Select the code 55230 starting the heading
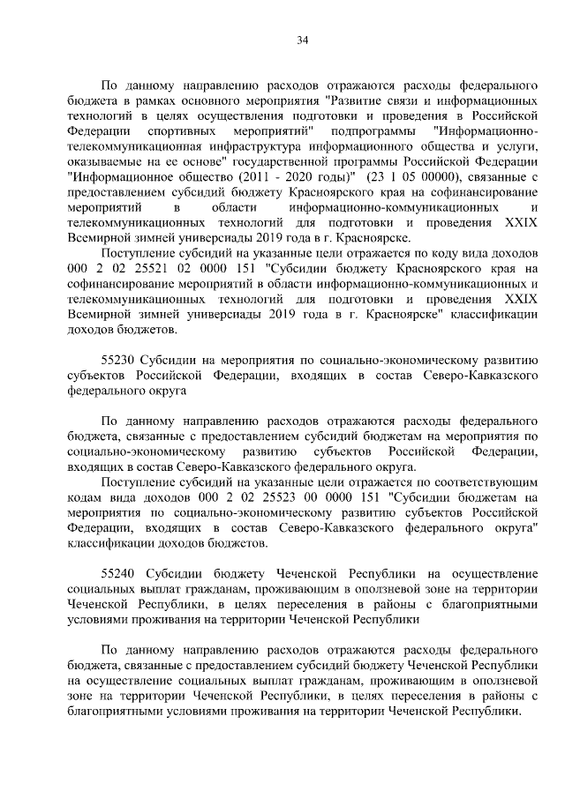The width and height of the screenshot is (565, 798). coord(117,362)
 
